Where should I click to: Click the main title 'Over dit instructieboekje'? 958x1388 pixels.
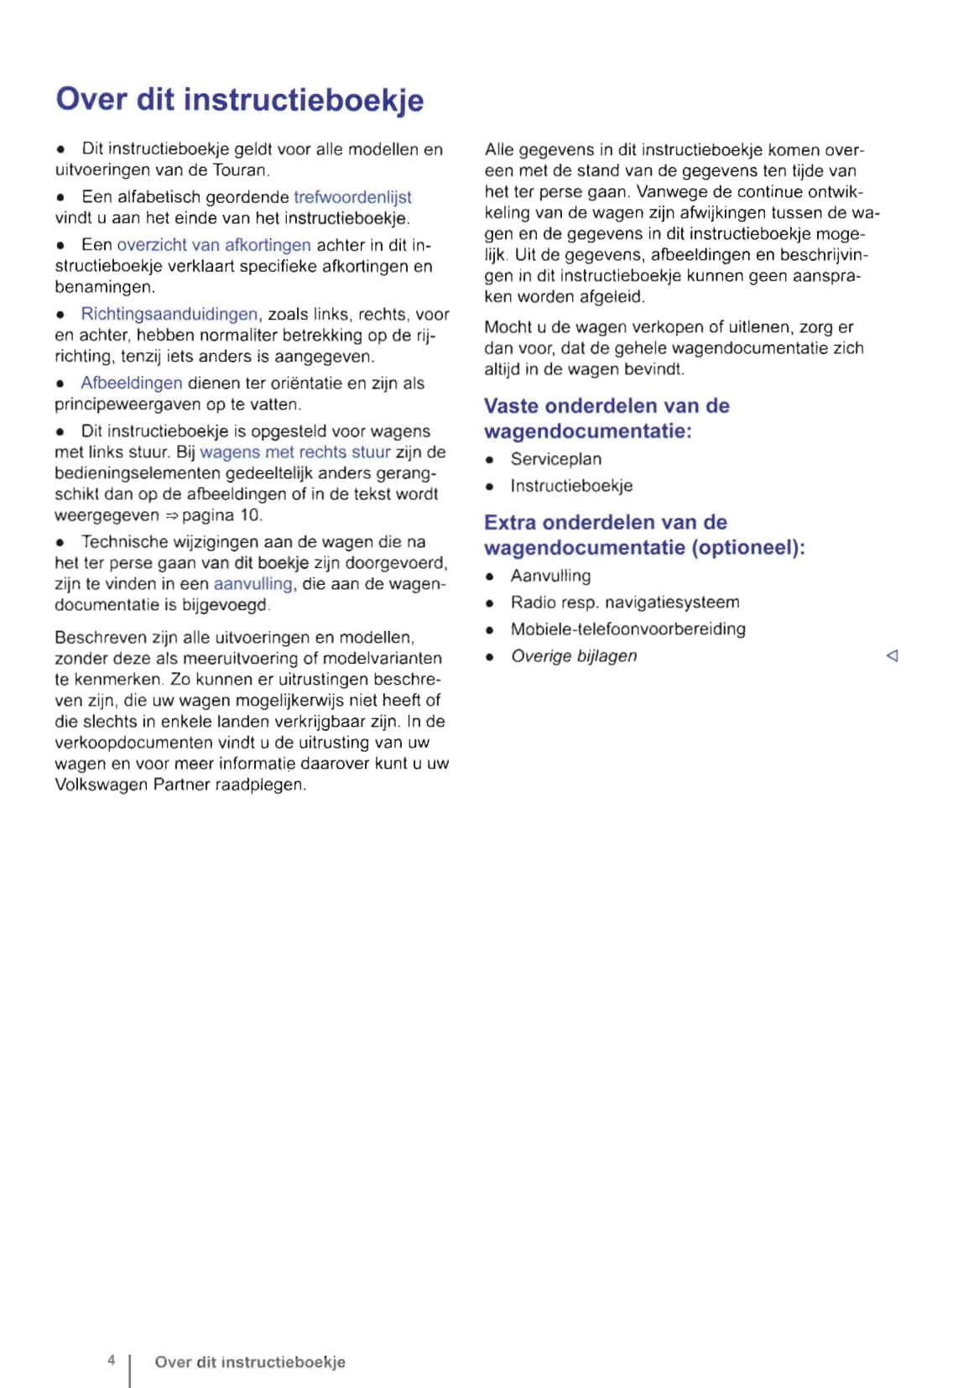[x=239, y=100]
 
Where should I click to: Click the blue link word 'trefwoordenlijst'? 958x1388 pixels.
[x=352, y=197]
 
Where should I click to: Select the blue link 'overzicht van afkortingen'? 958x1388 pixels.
[x=213, y=245]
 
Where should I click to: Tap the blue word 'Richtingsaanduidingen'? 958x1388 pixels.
[x=169, y=315]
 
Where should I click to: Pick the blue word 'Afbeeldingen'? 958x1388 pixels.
[x=131, y=384]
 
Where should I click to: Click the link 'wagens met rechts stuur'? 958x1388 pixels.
[x=294, y=452]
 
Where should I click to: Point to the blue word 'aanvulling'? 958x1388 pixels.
[x=253, y=584]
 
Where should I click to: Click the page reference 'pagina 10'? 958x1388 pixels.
[x=221, y=515]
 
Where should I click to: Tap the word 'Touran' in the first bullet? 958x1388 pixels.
[x=241, y=170]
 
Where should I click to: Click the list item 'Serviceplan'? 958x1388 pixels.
[x=555, y=460]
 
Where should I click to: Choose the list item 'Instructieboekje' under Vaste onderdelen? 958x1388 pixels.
[x=571, y=486]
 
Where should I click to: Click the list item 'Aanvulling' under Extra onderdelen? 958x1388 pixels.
[x=550, y=577]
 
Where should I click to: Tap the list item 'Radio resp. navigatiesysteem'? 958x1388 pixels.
[x=624, y=603]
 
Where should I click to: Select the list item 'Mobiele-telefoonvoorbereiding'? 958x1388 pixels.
[x=627, y=629]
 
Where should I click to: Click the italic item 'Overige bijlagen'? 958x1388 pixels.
[x=574, y=656]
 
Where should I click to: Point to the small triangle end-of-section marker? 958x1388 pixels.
[x=892, y=656]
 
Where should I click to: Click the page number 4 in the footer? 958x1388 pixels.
[x=111, y=1359]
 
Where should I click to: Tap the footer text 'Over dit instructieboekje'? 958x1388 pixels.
[x=249, y=1362]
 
